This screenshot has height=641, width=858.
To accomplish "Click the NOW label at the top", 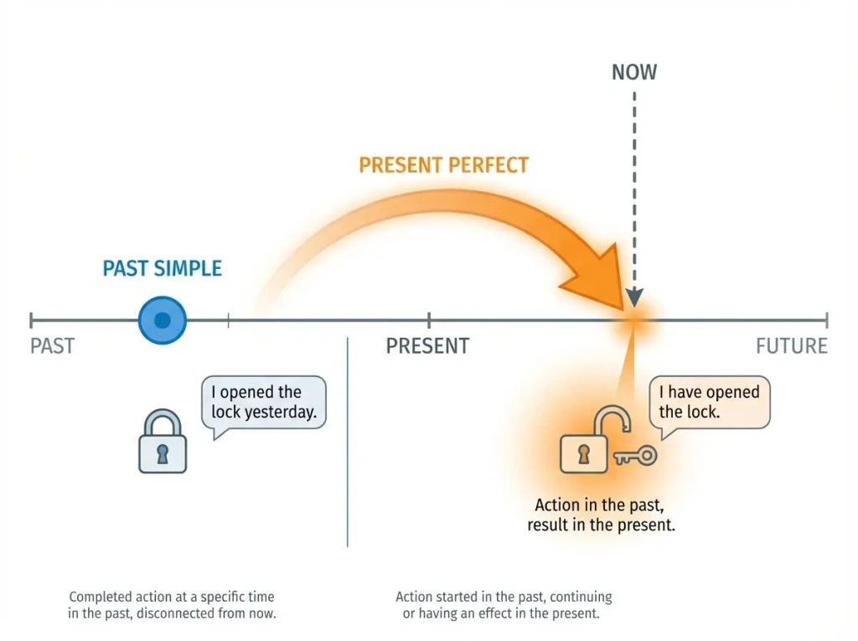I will pyautogui.click(x=634, y=72).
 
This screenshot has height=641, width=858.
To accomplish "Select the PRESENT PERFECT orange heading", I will pyautogui.click(x=443, y=164).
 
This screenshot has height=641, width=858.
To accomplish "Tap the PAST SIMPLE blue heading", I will pyautogui.click(x=162, y=269).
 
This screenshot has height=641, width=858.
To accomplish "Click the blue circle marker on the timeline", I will pyautogui.click(x=163, y=320).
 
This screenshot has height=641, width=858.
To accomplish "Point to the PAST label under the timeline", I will pyautogui.click(x=52, y=346).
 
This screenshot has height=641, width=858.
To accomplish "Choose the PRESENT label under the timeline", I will pyautogui.click(x=427, y=346).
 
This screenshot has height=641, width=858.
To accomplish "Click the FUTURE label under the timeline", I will pyautogui.click(x=791, y=346).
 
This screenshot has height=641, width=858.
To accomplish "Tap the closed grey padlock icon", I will pyautogui.click(x=163, y=442).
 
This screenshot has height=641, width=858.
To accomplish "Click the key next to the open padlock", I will pyautogui.click(x=636, y=456).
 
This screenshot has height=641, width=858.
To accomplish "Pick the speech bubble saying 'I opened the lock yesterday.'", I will pyautogui.click(x=263, y=403).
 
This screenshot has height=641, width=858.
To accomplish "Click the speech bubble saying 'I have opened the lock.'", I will pyautogui.click(x=709, y=403).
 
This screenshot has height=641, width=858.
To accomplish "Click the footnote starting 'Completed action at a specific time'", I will pyautogui.click(x=172, y=605).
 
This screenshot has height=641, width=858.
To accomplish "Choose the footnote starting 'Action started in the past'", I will pyautogui.click(x=504, y=605).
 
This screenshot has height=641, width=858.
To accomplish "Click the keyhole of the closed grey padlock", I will pyautogui.click(x=163, y=454).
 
